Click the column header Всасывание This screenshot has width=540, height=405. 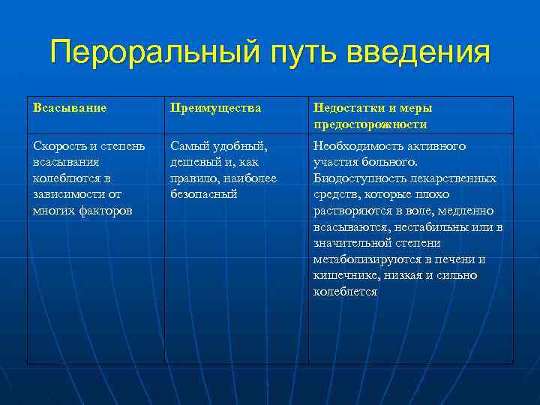click(70, 108)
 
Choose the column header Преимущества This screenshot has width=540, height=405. click(216, 108)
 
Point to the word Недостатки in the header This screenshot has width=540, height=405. click(347, 108)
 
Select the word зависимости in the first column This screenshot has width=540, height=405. click(67, 194)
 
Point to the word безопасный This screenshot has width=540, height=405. click(203, 194)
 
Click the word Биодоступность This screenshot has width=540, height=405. click(356, 178)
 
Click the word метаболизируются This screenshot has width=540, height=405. click(364, 259)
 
